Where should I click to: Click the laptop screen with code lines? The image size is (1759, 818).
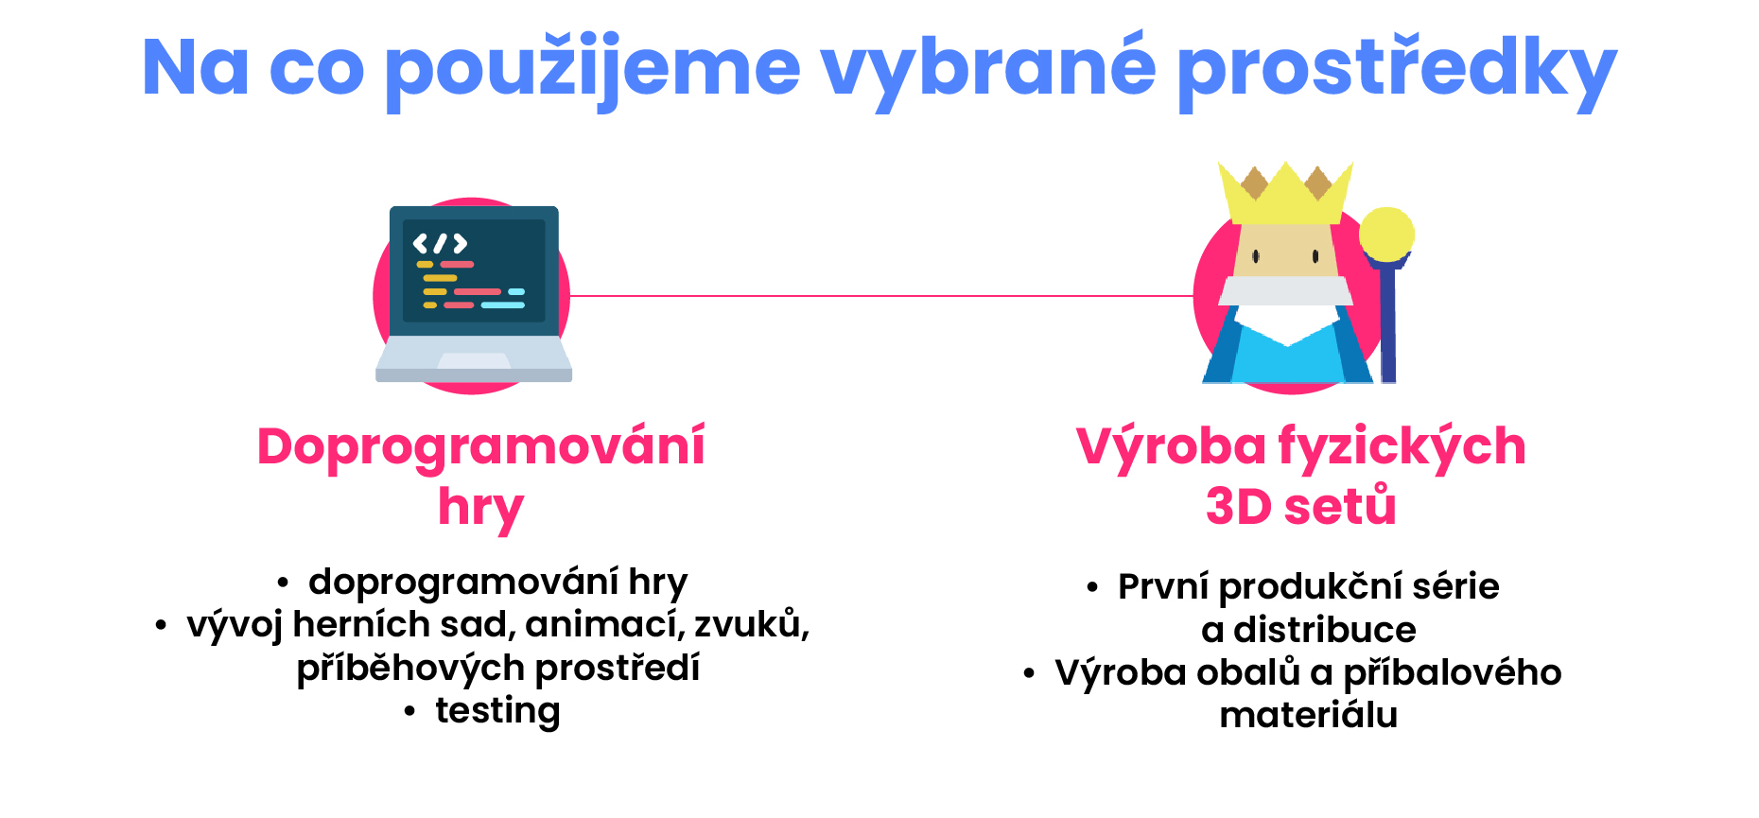(474, 271)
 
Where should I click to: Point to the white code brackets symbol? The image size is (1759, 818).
(440, 244)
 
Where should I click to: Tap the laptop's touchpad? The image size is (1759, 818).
(474, 360)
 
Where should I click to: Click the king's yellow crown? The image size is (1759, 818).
(1285, 193)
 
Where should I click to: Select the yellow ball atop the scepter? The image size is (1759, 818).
(1386, 234)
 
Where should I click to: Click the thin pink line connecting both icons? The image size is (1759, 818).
(881, 296)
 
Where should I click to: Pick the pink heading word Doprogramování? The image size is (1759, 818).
(481, 446)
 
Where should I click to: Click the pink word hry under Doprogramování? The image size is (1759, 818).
(480, 508)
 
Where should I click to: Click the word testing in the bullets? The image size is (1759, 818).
(497, 711)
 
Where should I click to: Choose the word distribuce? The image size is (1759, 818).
(1325, 630)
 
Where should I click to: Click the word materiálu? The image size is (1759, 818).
(1309, 715)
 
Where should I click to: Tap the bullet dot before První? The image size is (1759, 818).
(1092, 588)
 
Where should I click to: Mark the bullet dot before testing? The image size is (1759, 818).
(409, 711)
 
